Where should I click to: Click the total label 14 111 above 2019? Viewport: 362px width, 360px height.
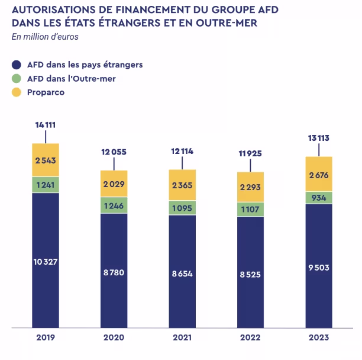[46, 125]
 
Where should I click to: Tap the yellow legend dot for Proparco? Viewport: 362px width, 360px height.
[17, 92]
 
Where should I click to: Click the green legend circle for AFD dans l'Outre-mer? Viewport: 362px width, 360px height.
[17, 78]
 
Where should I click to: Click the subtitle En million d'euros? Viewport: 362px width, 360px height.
[45, 37]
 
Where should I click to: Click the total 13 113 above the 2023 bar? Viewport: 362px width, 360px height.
[319, 138]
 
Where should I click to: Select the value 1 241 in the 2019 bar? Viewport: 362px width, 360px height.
[46, 185]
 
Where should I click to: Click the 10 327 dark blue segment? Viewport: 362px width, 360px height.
[46, 261]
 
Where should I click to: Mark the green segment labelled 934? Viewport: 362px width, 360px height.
[319, 197]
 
